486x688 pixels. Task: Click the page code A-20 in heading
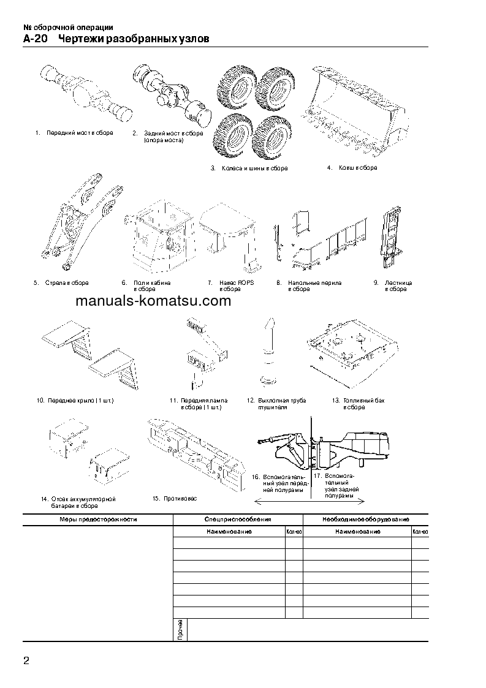click(35, 39)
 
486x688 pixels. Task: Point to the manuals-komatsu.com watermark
click(154, 301)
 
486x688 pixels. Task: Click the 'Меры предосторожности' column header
click(98, 519)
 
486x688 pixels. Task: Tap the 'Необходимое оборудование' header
click(365, 519)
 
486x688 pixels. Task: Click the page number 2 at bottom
click(26, 660)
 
